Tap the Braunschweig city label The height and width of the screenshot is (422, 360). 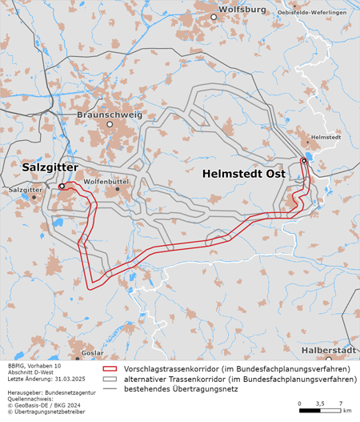click(x=110, y=115)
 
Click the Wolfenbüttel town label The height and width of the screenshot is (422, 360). click(x=106, y=182)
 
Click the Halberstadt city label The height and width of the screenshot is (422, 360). click(x=329, y=351)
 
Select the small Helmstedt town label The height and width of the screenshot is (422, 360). click(x=325, y=138)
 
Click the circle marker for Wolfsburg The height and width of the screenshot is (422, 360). click(x=214, y=16)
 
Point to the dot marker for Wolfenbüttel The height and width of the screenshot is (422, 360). click(x=118, y=189)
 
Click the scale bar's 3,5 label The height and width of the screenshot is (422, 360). click(x=320, y=403)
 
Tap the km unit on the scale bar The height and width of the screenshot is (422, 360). click(x=346, y=410)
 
